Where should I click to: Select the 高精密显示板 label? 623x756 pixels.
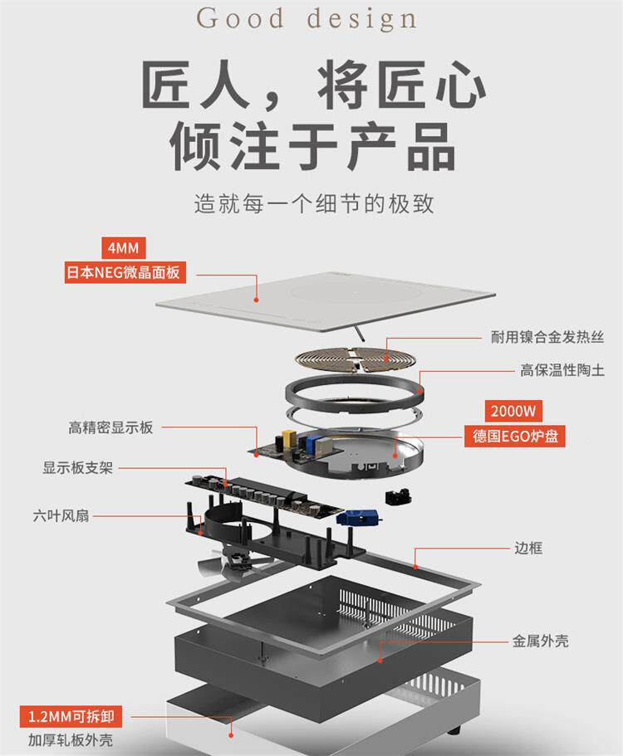point(110,428)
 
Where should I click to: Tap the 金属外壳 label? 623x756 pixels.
point(540,641)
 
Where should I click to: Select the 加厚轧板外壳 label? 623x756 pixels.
point(70,740)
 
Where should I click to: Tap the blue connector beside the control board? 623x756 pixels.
point(358,515)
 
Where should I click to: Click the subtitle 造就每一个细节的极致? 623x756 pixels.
point(313,202)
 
